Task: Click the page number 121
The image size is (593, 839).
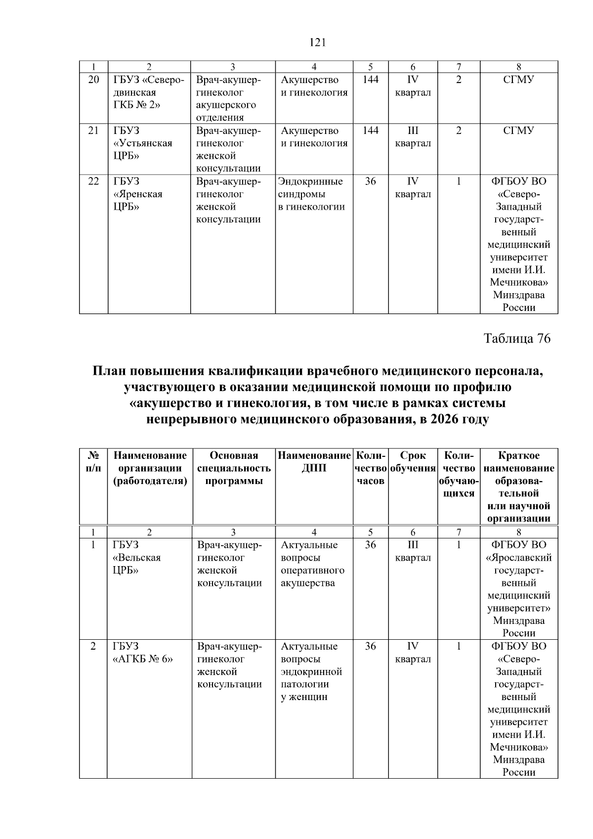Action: tap(318, 43)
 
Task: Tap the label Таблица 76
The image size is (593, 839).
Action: tap(516, 339)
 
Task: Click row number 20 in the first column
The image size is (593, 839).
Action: tap(93, 80)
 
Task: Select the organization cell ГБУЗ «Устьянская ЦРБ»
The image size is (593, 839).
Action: tap(143, 143)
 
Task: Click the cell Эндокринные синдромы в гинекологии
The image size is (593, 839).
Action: tap(311, 194)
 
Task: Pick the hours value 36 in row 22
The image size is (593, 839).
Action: tap(370, 181)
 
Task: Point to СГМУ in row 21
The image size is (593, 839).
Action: tap(518, 131)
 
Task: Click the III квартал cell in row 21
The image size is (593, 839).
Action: tap(413, 137)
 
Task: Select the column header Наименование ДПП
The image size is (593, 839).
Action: tap(314, 462)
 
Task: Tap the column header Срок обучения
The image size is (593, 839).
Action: tap(413, 462)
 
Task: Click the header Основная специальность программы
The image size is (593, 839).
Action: tap(234, 468)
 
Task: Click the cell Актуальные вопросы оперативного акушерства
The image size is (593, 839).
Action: tap(312, 564)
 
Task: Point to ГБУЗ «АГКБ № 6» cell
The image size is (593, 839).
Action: tap(143, 653)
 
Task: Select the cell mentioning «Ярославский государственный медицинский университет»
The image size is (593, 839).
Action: tap(519, 589)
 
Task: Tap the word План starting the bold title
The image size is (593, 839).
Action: tap(109, 371)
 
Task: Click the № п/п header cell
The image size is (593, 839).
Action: tap(93, 462)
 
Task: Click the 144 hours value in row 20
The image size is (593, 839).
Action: tap(370, 80)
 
